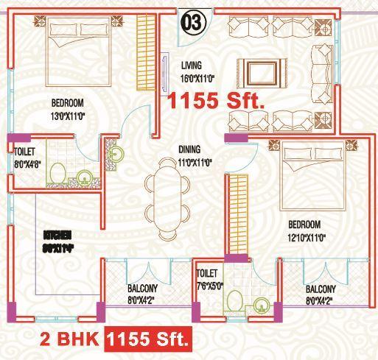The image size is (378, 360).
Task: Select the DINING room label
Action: pos(189,149)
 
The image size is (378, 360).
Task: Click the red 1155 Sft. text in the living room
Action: pos(215,102)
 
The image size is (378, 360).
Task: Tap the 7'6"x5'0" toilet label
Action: pos(209,284)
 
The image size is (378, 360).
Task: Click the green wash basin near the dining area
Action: pos(116,155)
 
